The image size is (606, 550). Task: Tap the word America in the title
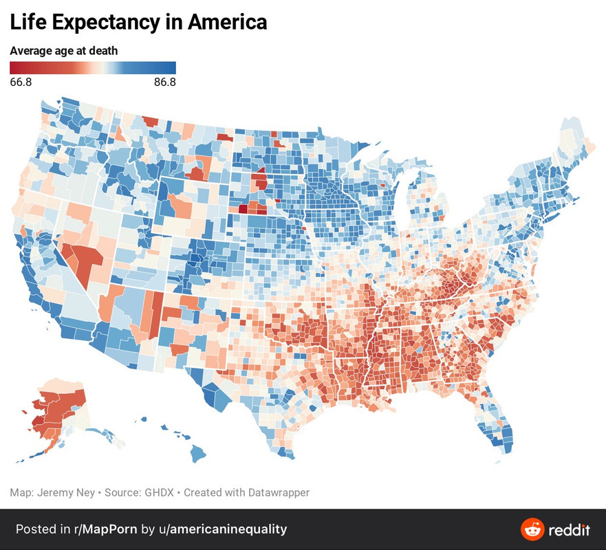point(227,22)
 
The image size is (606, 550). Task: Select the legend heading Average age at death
point(63,51)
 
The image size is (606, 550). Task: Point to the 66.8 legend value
point(21,82)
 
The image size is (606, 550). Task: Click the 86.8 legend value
point(164,82)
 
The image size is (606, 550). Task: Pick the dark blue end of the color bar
point(172,67)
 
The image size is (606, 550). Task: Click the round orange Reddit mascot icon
point(532,529)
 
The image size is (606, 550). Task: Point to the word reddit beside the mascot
point(569,530)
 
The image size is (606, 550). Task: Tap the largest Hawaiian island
point(199,453)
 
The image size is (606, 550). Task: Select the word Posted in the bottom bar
point(36,529)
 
